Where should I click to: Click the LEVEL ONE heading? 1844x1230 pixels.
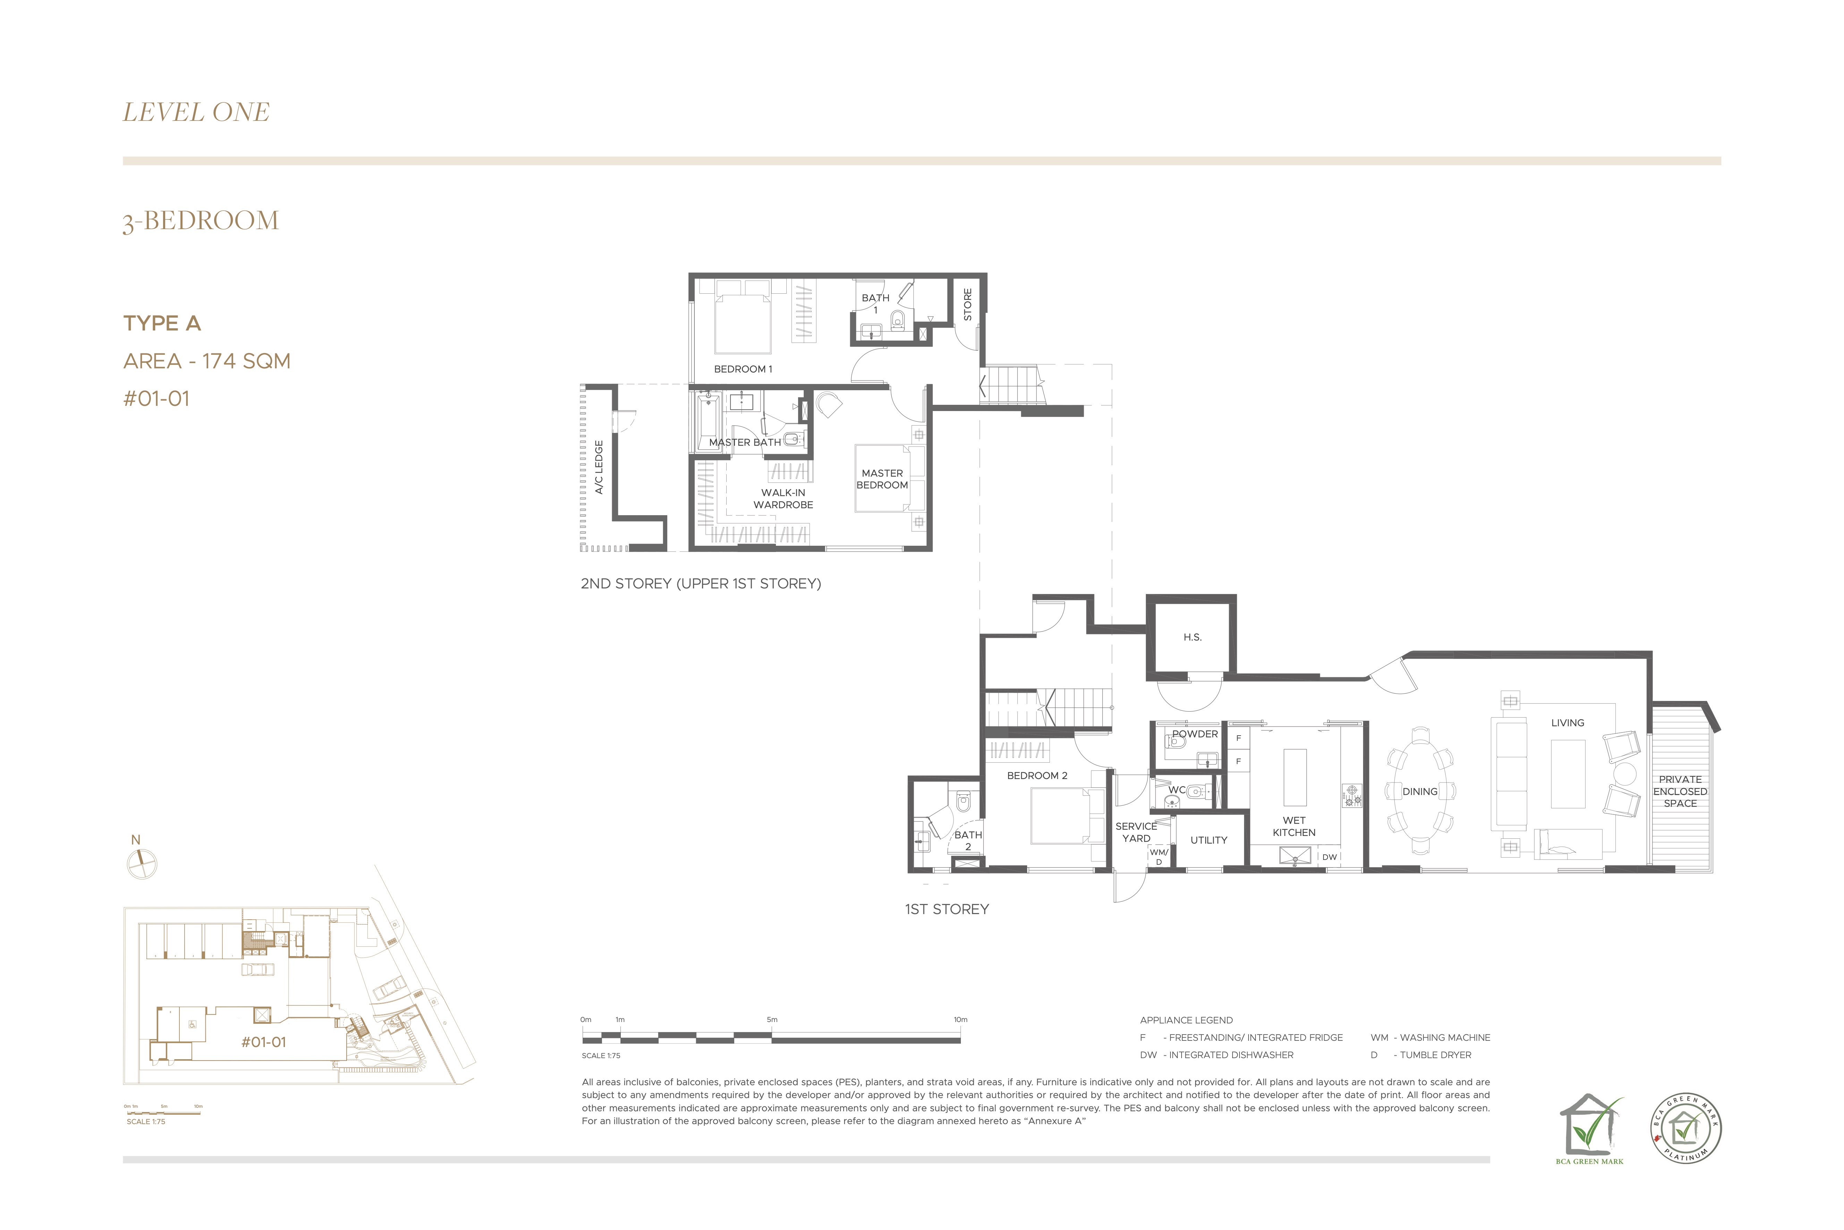click(196, 112)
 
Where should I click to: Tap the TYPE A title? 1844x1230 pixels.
click(162, 323)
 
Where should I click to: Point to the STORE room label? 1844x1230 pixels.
click(967, 304)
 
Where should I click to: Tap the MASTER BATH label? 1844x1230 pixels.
click(745, 442)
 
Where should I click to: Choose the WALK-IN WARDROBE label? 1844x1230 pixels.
click(783, 499)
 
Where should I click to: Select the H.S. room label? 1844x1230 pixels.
click(1192, 637)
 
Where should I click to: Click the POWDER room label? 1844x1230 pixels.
click(1195, 734)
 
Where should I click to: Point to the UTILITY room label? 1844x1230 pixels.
click(1209, 840)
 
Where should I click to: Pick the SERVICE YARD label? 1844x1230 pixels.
click(1136, 832)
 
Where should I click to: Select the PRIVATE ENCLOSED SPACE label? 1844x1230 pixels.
click(1680, 792)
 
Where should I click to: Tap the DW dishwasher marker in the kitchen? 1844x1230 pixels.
click(1330, 857)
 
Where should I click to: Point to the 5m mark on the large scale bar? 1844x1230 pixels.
click(772, 1020)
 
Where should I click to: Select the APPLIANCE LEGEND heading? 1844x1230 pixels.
click(1186, 1021)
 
